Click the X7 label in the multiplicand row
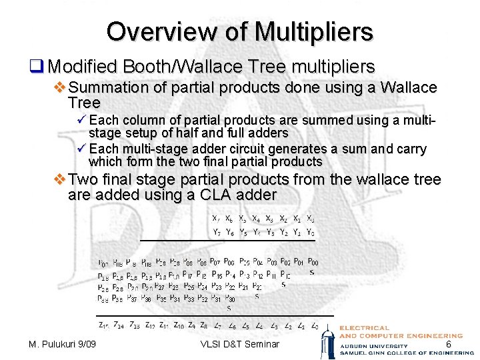point(215,218)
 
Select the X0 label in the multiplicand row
point(311,218)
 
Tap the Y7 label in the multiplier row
point(217,232)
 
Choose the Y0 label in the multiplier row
point(311,232)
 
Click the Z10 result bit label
point(178,325)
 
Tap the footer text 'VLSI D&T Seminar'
point(239,344)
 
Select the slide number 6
point(448,343)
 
